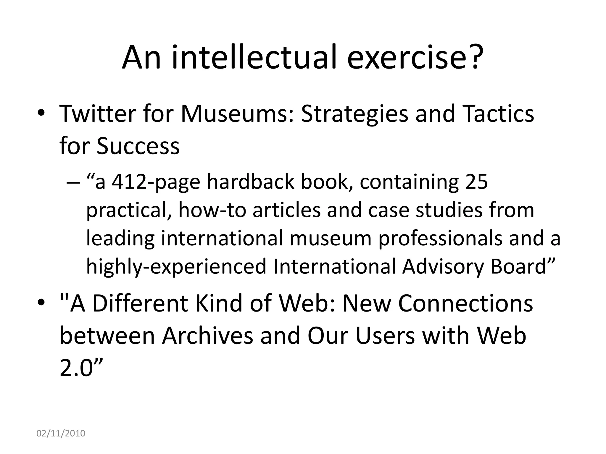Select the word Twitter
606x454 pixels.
[x=98, y=113]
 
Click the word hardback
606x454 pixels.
[x=250, y=182]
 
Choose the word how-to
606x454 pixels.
[x=212, y=210]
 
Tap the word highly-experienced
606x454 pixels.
[x=176, y=267]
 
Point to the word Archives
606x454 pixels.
[x=207, y=336]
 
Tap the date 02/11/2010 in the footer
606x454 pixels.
[x=61, y=433]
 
